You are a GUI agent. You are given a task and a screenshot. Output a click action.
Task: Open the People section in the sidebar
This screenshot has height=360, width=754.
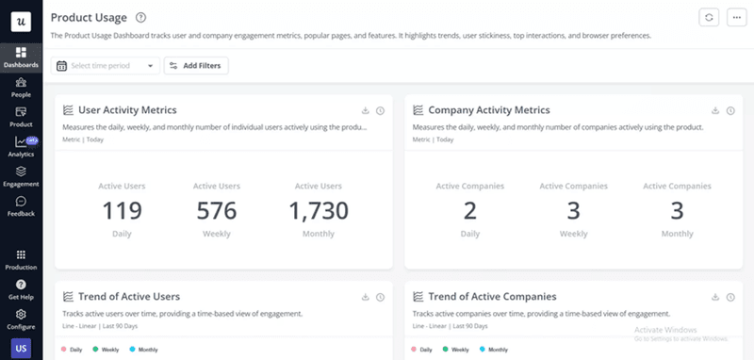[x=21, y=88]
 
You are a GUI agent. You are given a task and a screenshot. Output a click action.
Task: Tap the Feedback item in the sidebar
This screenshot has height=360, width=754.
[x=21, y=205]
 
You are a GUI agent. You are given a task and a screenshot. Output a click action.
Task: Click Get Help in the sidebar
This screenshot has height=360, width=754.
[x=21, y=288]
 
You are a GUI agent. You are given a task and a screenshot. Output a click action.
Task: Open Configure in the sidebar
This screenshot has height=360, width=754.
[x=21, y=318]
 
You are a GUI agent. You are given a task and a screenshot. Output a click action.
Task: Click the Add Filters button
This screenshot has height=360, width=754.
[x=196, y=66]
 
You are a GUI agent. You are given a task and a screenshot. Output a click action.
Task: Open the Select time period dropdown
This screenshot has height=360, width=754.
[x=107, y=66]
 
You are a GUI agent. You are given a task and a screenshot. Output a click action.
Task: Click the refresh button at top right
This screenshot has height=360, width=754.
[x=708, y=18]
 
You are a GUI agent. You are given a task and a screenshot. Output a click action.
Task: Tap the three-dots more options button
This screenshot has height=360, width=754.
[x=735, y=18]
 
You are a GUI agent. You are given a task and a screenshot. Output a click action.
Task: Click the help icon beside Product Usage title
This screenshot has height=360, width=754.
[x=140, y=18]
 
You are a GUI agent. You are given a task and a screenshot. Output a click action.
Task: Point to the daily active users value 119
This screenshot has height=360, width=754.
[x=122, y=210]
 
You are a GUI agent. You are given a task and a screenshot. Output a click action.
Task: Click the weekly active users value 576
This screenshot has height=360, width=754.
[x=217, y=210]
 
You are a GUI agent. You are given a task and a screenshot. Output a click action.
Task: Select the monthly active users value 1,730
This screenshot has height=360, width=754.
[x=319, y=210]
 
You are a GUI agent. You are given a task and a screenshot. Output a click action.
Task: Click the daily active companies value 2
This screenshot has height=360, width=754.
[x=468, y=210]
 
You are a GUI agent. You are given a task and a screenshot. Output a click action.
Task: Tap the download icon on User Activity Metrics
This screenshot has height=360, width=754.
[x=364, y=111]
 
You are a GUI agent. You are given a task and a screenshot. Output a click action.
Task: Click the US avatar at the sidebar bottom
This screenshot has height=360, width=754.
[x=21, y=349]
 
